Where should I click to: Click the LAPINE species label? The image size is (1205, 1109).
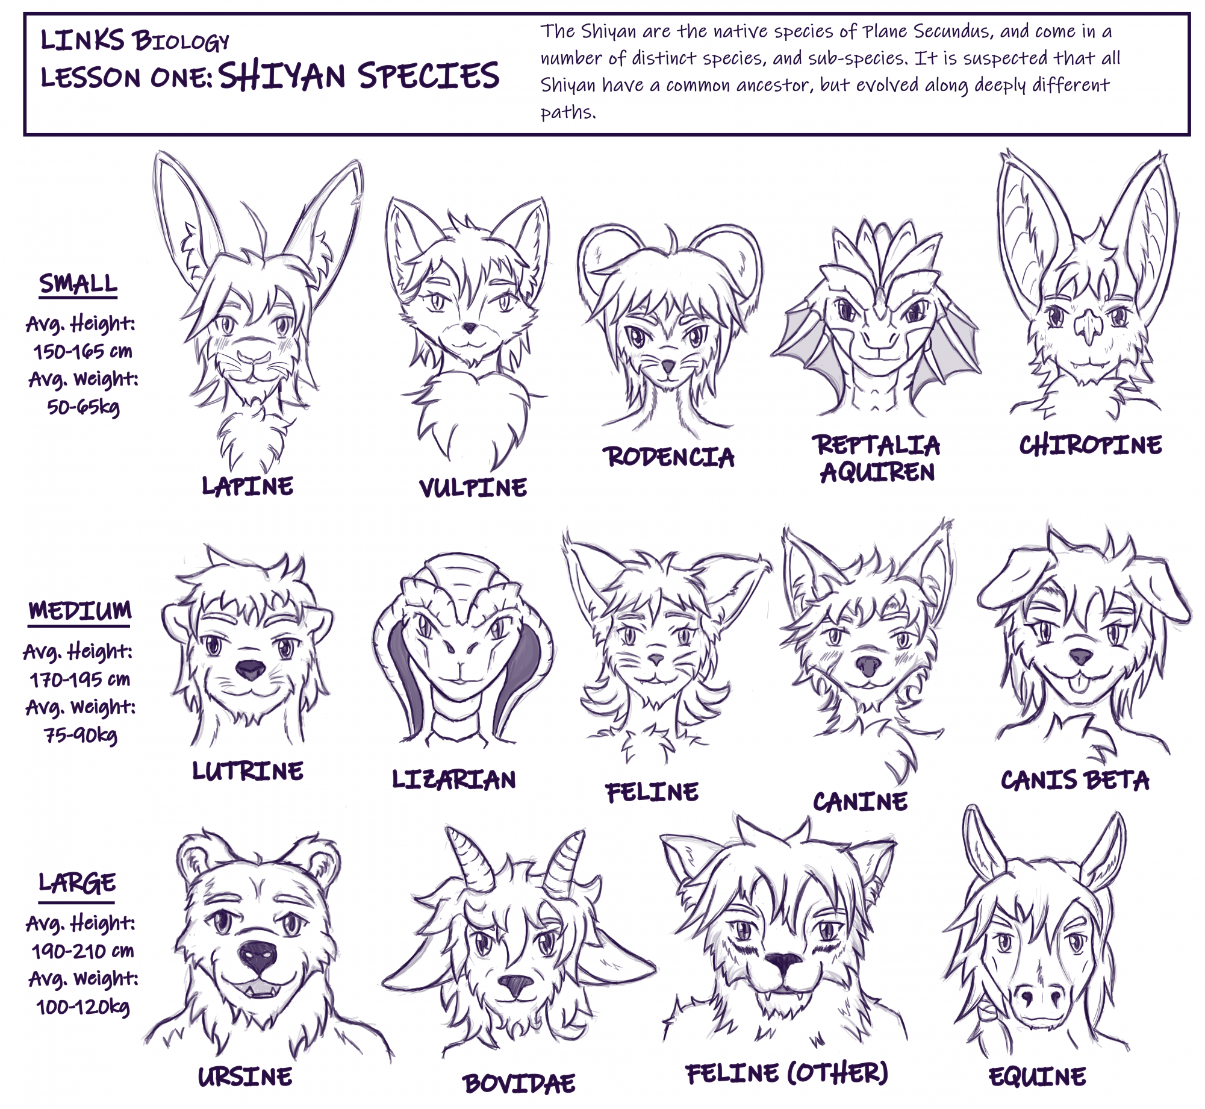pyautogui.click(x=248, y=486)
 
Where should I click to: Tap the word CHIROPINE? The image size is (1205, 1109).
pyautogui.click(x=1090, y=445)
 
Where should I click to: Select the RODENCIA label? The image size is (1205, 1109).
pyautogui.click(x=668, y=457)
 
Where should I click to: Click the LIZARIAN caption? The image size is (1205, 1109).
pyautogui.click(x=454, y=779)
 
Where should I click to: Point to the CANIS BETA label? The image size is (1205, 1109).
pyautogui.click(x=1075, y=780)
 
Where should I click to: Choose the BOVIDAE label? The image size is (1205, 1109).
pyautogui.click(x=518, y=1084)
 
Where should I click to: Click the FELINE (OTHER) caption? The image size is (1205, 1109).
pyautogui.click(x=786, y=1073)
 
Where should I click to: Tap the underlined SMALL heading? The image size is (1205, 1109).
pyautogui.click(x=78, y=284)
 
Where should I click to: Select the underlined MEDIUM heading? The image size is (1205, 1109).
pyautogui.click(x=79, y=611)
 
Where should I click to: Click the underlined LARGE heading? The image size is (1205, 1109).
pyautogui.click(x=77, y=884)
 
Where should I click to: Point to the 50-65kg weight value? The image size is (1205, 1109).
pyautogui.click(x=83, y=407)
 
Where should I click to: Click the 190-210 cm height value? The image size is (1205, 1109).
pyautogui.click(x=83, y=951)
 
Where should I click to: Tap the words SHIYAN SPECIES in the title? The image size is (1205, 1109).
pyautogui.click(x=359, y=76)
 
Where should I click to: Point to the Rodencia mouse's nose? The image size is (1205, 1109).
pyautogui.click(x=667, y=366)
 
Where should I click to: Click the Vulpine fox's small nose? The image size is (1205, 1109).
pyautogui.click(x=469, y=328)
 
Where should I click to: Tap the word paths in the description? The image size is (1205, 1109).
pyautogui.click(x=568, y=112)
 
